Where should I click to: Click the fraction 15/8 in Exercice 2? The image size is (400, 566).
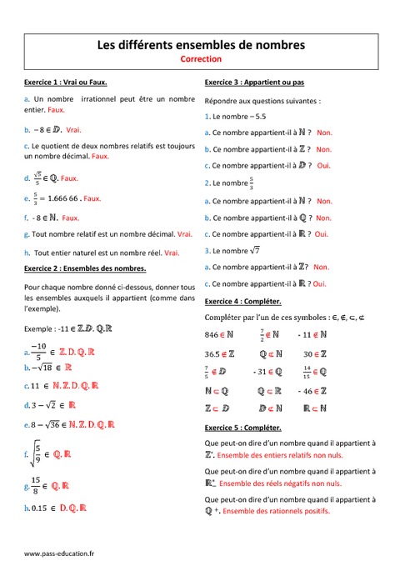point(37,484)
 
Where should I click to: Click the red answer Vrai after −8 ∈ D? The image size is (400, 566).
point(73,130)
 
